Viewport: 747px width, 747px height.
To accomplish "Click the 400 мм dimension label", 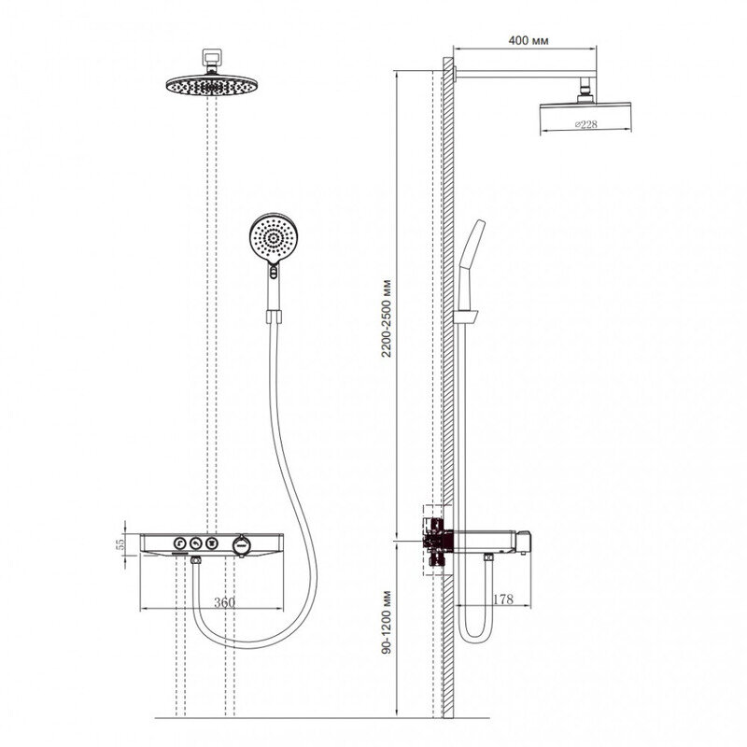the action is pyautogui.click(x=528, y=40).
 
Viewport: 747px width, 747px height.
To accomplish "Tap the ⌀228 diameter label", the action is pyautogui.click(x=585, y=124).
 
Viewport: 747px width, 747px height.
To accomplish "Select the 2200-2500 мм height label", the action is pyautogui.click(x=387, y=318).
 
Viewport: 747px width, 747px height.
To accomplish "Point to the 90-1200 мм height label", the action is pyautogui.click(x=387, y=622).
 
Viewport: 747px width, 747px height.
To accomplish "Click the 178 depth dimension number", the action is pyautogui.click(x=503, y=599).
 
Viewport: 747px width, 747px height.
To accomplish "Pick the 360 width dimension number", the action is pyautogui.click(x=224, y=602).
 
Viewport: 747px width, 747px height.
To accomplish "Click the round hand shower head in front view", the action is pyautogui.click(x=273, y=238).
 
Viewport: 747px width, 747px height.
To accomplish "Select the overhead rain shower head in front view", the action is pyautogui.click(x=212, y=85).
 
